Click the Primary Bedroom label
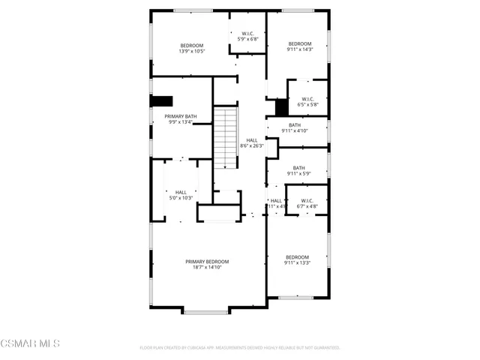point(207,261)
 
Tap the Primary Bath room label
point(181,117)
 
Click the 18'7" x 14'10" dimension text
point(207,267)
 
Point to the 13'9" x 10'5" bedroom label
point(192,49)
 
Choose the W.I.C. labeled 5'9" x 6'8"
point(247,37)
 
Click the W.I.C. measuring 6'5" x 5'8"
point(307,102)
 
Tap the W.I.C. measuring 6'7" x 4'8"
point(307,203)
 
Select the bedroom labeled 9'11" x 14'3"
point(299,47)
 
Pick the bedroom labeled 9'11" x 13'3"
point(297,260)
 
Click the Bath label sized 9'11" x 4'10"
point(295,128)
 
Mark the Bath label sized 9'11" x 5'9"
point(298,171)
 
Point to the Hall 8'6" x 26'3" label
point(251,143)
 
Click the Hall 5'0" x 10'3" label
point(181,195)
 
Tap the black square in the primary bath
point(162,101)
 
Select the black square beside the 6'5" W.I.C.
point(281,107)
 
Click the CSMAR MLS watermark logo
point(30,343)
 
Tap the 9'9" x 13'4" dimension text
point(181,123)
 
